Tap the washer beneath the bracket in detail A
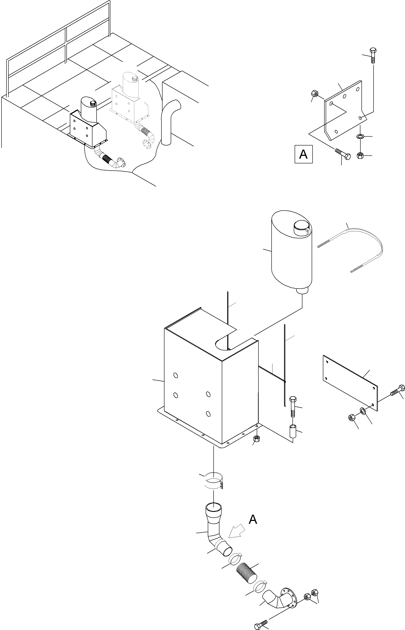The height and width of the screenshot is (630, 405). [360, 136]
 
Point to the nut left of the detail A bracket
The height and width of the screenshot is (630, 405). [314, 93]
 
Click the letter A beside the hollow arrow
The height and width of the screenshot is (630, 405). [253, 519]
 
